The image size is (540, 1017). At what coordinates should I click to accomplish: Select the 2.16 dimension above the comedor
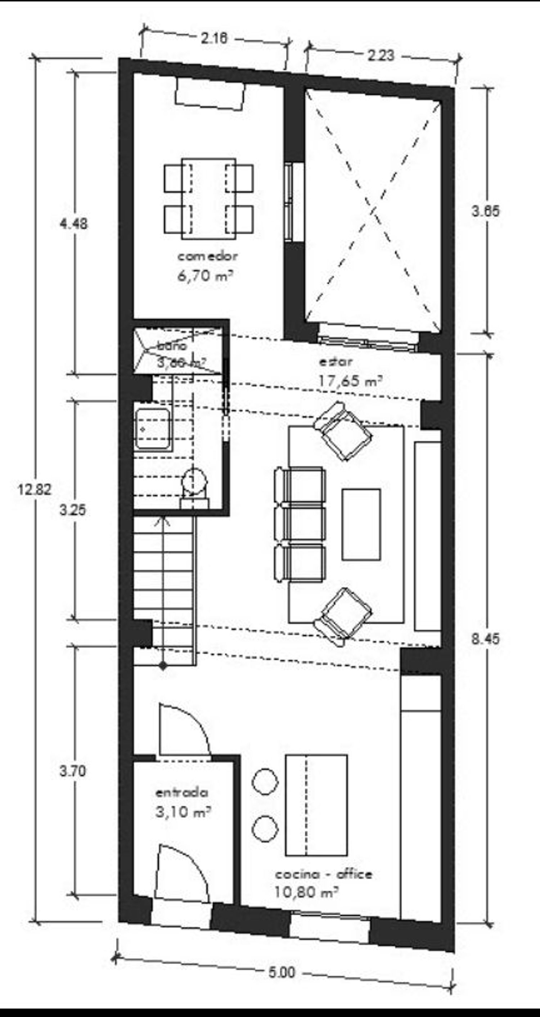point(214,38)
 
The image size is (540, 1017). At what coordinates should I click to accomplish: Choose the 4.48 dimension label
point(73,224)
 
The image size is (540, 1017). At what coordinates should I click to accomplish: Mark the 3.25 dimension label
point(73,510)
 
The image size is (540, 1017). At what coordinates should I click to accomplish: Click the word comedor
point(207,256)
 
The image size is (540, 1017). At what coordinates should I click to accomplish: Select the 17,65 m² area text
point(350,381)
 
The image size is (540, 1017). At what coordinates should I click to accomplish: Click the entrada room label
point(182,792)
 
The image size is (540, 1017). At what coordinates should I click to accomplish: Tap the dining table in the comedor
point(208,199)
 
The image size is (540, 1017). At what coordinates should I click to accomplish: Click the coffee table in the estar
point(361,524)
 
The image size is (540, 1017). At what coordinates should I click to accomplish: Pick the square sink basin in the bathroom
point(153,429)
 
